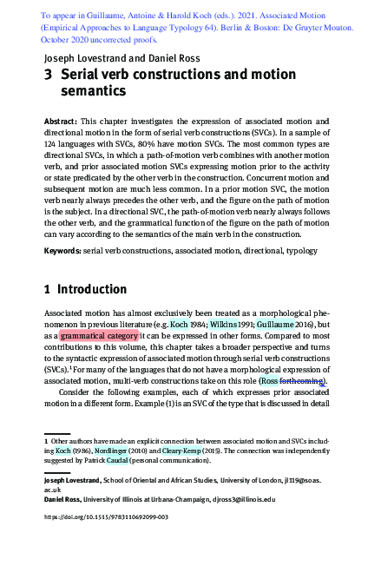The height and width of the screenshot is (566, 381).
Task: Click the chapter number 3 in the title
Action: [49, 76]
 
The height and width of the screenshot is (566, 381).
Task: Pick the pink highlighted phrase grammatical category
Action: [99, 334]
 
